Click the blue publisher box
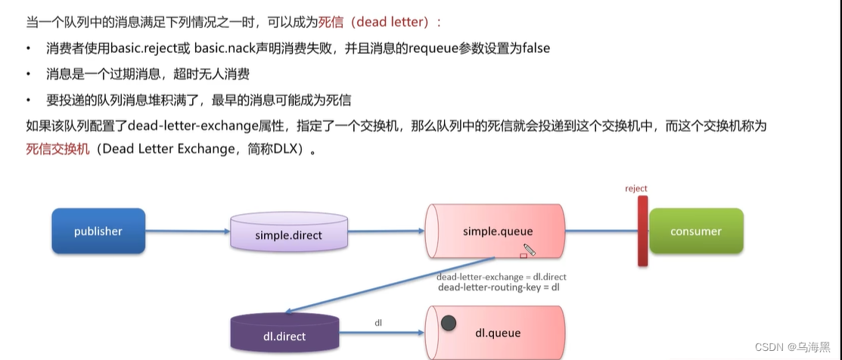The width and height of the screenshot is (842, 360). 98,231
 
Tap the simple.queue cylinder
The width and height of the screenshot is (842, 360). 495,231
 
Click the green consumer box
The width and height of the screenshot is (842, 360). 696,231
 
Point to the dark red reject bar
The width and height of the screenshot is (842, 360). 642,231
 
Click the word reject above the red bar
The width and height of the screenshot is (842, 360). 636,188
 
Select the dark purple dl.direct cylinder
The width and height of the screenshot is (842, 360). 284,334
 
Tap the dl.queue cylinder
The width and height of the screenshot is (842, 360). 496,333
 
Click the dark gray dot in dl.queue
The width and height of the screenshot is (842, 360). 449,324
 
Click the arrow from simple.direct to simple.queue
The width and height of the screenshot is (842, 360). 384,231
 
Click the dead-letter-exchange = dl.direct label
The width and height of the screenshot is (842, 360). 501,277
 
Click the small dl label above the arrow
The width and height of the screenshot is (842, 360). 378,323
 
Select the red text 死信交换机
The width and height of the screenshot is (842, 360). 57,149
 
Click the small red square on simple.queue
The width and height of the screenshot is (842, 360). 523,256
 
